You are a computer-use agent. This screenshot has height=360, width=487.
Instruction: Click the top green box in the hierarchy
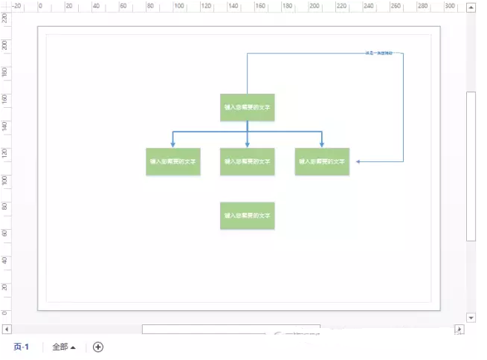(x=248, y=107)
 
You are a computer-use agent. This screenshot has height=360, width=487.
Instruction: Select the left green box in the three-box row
(x=173, y=161)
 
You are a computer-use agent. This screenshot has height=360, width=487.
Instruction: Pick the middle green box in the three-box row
(x=248, y=161)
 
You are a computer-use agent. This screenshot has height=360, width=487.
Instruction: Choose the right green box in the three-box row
(x=322, y=161)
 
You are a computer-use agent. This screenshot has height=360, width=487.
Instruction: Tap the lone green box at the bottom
(x=248, y=216)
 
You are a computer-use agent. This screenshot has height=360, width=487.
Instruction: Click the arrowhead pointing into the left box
(x=173, y=144)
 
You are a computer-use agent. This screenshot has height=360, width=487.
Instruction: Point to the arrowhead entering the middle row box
(x=248, y=144)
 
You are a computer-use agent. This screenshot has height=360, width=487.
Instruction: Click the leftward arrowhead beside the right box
(x=358, y=161)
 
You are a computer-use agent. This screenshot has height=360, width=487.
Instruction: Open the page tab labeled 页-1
(x=21, y=347)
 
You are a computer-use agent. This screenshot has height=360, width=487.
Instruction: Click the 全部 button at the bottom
(x=64, y=347)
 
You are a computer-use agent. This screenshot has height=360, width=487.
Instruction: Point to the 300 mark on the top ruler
(x=449, y=6)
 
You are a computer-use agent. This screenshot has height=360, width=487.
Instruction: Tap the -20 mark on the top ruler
(x=16, y=6)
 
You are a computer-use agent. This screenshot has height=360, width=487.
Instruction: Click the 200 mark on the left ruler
(x=6, y=45)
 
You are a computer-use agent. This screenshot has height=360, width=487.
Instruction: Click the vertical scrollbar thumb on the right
(x=471, y=164)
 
